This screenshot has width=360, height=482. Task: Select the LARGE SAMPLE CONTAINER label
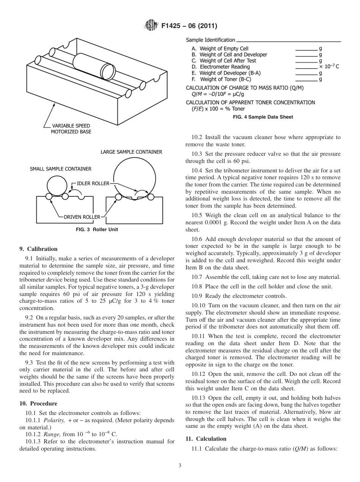point(131,152)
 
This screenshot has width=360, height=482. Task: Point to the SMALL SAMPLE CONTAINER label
point(61,169)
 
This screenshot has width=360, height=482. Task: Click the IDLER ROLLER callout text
point(93,183)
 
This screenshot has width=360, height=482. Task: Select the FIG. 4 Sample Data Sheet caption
point(263,117)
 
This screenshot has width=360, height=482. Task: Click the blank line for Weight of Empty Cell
point(306,49)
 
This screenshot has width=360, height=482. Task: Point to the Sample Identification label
point(210,40)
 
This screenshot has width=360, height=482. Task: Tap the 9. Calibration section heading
point(39,249)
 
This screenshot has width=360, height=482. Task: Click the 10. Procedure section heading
point(38,404)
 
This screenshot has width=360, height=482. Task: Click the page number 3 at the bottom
point(180,465)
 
